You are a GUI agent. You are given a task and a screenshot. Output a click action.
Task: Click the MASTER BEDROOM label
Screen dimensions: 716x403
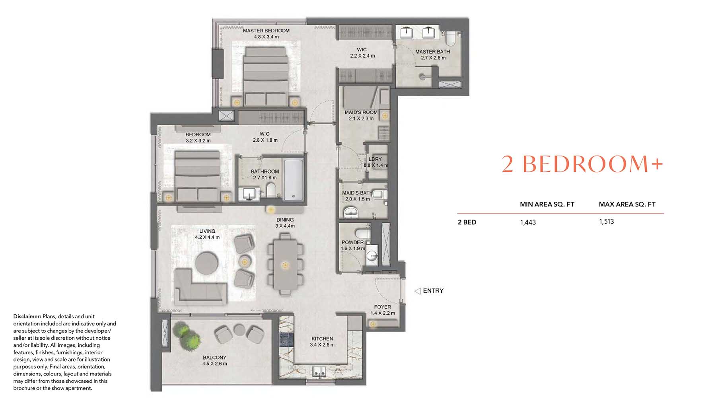click(266, 31)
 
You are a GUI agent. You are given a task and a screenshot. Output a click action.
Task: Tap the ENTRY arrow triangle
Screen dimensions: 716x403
click(417, 291)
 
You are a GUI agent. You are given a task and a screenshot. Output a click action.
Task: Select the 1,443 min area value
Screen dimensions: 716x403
click(528, 222)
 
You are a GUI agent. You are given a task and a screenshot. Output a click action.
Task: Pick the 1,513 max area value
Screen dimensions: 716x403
click(606, 222)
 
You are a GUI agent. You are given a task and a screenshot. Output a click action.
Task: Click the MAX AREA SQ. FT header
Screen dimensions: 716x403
click(627, 204)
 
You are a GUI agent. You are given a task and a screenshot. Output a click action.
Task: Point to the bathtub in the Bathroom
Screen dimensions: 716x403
click(294, 179)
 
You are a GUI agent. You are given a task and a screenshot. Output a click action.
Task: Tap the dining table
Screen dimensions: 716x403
click(285, 265)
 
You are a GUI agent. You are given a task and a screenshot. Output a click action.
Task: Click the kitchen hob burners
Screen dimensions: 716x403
click(286, 339)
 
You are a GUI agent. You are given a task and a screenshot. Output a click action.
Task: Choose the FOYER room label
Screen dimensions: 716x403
click(382, 307)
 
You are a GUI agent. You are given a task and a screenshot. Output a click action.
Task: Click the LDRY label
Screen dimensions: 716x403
click(375, 159)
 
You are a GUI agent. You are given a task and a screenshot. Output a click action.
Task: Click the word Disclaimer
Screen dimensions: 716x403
click(27, 317)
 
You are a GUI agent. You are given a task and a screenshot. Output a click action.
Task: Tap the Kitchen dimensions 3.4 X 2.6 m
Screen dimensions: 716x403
click(322, 345)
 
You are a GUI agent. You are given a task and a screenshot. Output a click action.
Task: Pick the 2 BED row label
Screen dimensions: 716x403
click(467, 222)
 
